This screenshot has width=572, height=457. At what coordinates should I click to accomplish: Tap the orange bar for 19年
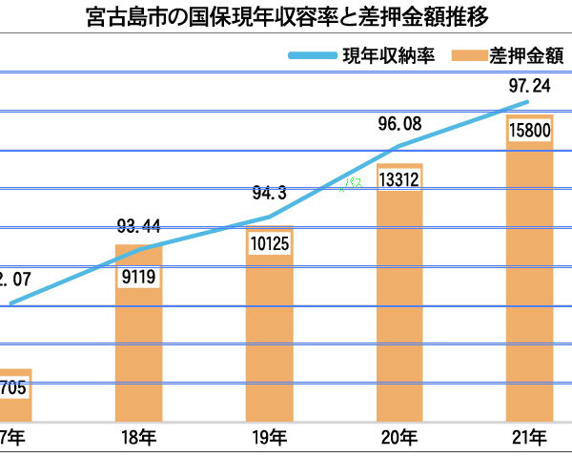tap(270, 334)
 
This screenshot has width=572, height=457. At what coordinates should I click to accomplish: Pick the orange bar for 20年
tap(400, 305)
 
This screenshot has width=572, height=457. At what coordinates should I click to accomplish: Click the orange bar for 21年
tap(530, 286)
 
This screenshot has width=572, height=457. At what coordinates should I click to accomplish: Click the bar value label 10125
tap(270, 244)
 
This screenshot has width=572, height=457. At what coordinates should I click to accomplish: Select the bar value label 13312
tap(400, 180)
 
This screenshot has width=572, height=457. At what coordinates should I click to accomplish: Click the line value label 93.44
tap(139, 226)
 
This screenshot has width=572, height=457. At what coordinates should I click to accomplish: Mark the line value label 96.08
tap(400, 123)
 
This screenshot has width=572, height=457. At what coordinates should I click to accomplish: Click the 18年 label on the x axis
tap(139, 438)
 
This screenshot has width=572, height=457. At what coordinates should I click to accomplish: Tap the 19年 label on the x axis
tap(270, 438)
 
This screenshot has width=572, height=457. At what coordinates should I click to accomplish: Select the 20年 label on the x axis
tap(400, 438)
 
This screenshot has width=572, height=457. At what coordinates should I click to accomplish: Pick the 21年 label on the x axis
tap(530, 438)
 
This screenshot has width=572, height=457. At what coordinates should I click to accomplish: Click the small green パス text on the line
tap(354, 183)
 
